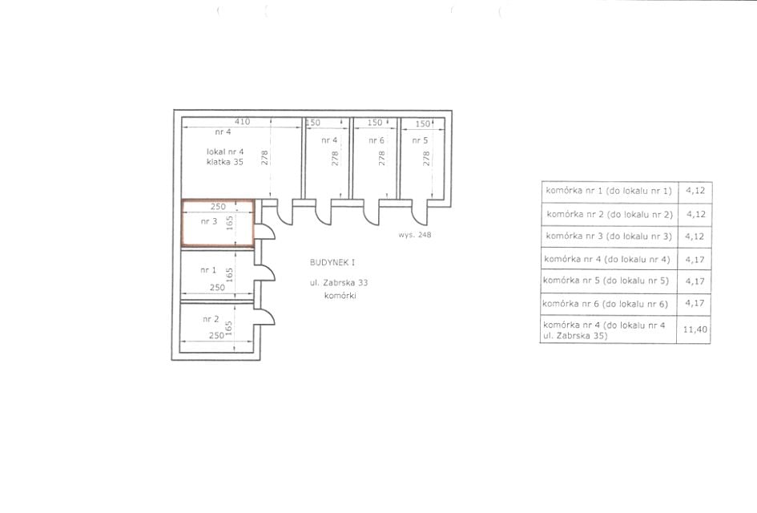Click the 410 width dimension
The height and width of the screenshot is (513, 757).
[x=243, y=122]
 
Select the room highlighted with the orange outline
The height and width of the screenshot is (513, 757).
[x=218, y=223]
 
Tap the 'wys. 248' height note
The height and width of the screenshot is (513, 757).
[x=415, y=235]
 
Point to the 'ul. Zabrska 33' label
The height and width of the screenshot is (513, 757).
[x=339, y=283]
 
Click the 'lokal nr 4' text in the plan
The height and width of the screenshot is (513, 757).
[x=225, y=151]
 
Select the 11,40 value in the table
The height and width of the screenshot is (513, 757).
[x=695, y=329]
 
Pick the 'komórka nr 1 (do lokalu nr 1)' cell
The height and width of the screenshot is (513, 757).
[x=609, y=190]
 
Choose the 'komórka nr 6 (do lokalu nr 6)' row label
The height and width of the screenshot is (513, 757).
[x=605, y=304]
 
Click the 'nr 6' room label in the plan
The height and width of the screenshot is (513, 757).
[x=376, y=140]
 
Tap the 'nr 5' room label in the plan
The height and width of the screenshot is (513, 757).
[x=420, y=140]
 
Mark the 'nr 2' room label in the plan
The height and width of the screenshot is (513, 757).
[x=211, y=319]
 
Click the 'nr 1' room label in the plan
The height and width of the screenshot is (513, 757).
[x=208, y=270]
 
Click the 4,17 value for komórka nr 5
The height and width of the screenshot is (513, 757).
[x=695, y=281]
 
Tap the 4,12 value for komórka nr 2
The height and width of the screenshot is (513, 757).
[x=696, y=214]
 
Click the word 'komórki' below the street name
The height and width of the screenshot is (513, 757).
[x=340, y=296]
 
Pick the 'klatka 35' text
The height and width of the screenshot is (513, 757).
[x=225, y=162]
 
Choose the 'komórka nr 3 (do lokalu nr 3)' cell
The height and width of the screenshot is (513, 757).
[x=609, y=236]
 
